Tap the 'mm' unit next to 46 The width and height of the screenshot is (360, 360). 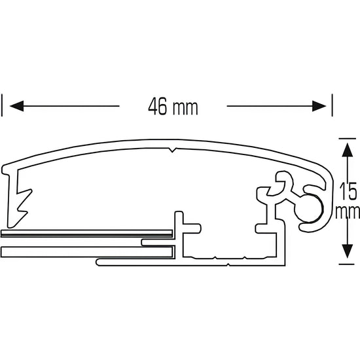pos(186,107)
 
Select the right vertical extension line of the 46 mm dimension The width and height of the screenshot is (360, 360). pos(333,105)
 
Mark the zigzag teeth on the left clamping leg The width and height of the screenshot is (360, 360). pos(24,200)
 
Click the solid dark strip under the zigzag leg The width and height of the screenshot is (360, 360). pos(85,232)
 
